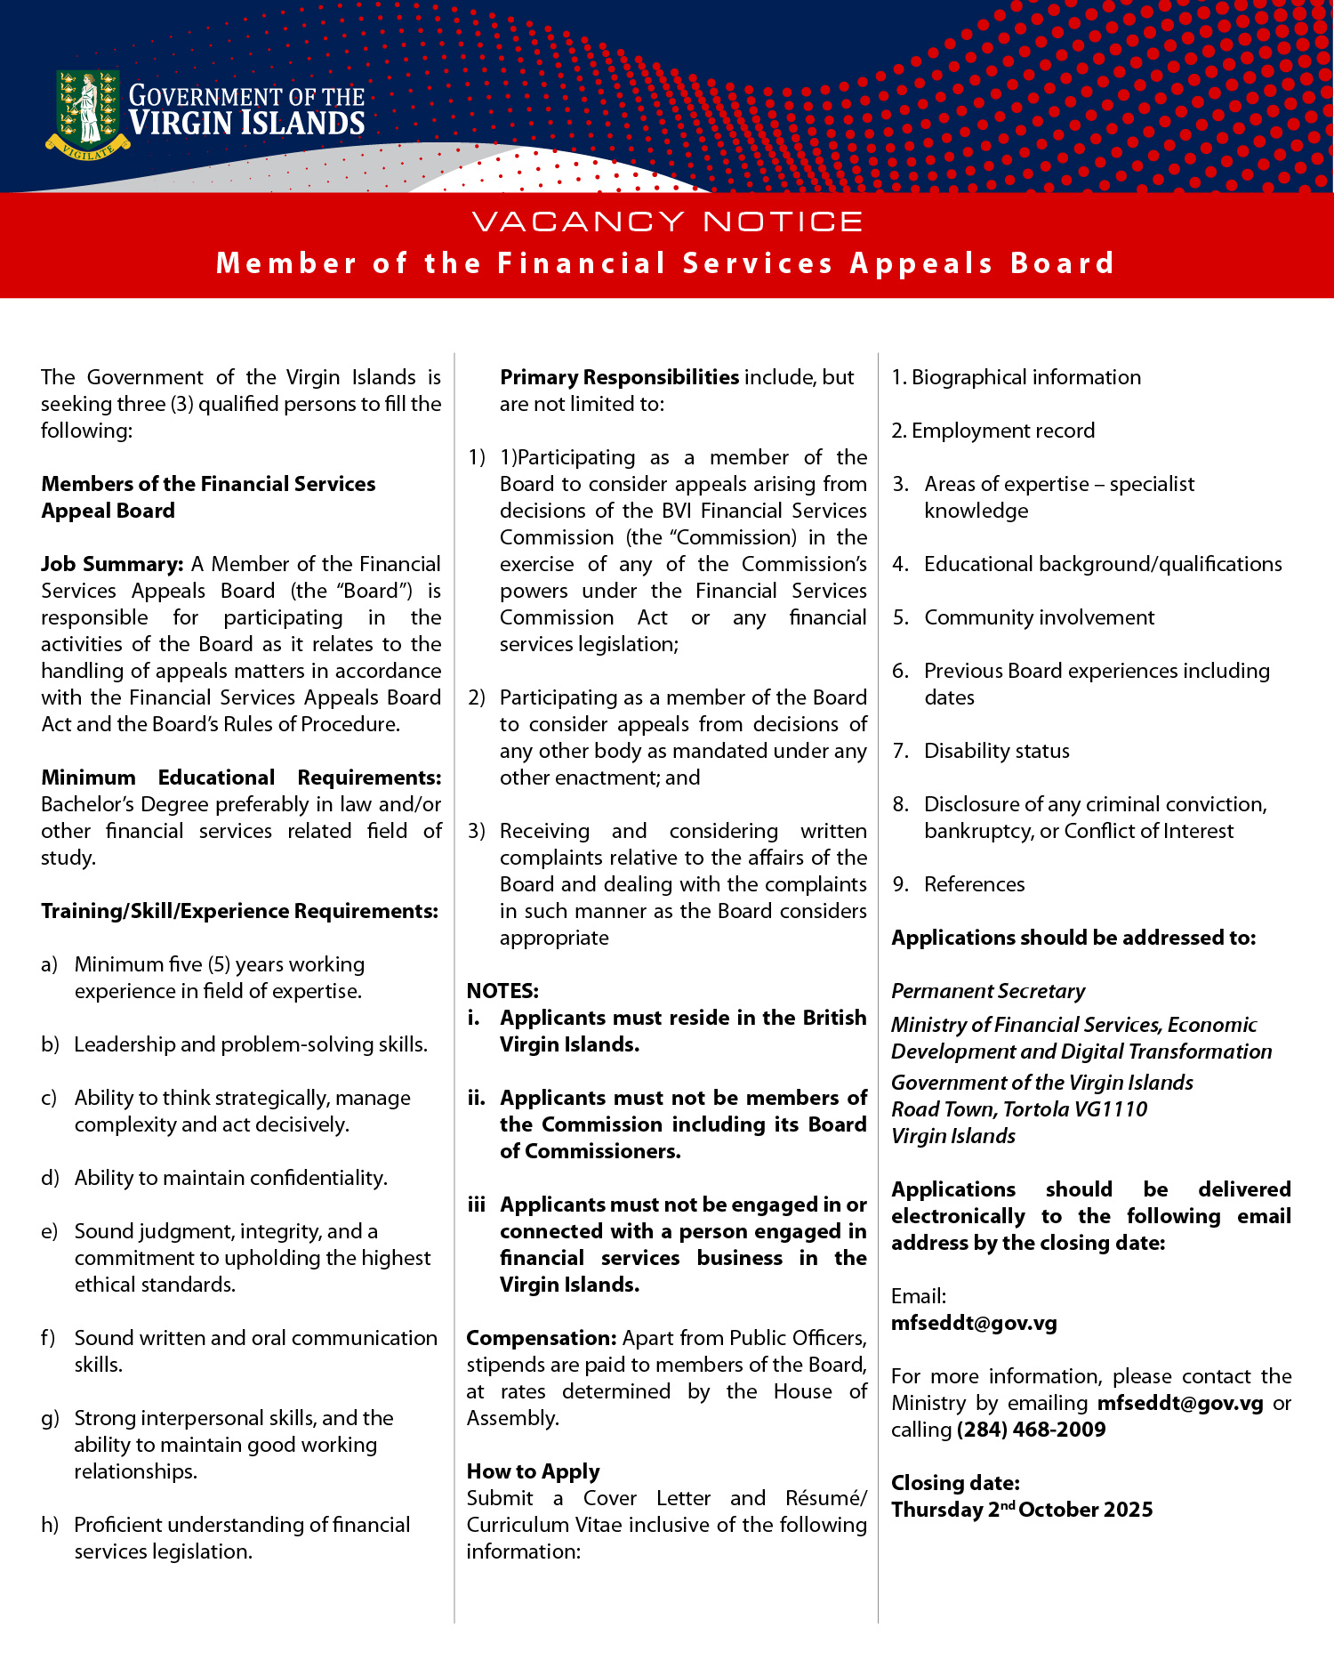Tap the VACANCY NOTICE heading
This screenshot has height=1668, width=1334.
667,222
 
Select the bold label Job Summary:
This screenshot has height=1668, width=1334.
112,564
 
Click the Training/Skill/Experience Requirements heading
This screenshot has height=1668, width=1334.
240,911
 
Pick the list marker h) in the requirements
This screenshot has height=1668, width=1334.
50,1525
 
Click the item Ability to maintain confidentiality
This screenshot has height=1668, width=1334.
231,1178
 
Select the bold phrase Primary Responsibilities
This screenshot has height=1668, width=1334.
619,377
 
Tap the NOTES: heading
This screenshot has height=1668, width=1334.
502,991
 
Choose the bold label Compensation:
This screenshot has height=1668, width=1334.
542,1338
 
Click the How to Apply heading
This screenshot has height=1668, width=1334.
534,1471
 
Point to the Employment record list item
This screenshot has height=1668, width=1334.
1003,431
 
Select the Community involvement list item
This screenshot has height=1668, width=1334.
1039,617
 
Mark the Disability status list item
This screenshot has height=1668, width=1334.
997,751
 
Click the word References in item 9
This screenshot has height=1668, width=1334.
975,884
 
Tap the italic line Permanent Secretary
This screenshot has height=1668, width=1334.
988,991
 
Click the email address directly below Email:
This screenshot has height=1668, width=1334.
974,1323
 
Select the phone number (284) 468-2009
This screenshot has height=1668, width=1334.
1032,1430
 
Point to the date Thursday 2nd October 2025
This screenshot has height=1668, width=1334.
1022,1510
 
